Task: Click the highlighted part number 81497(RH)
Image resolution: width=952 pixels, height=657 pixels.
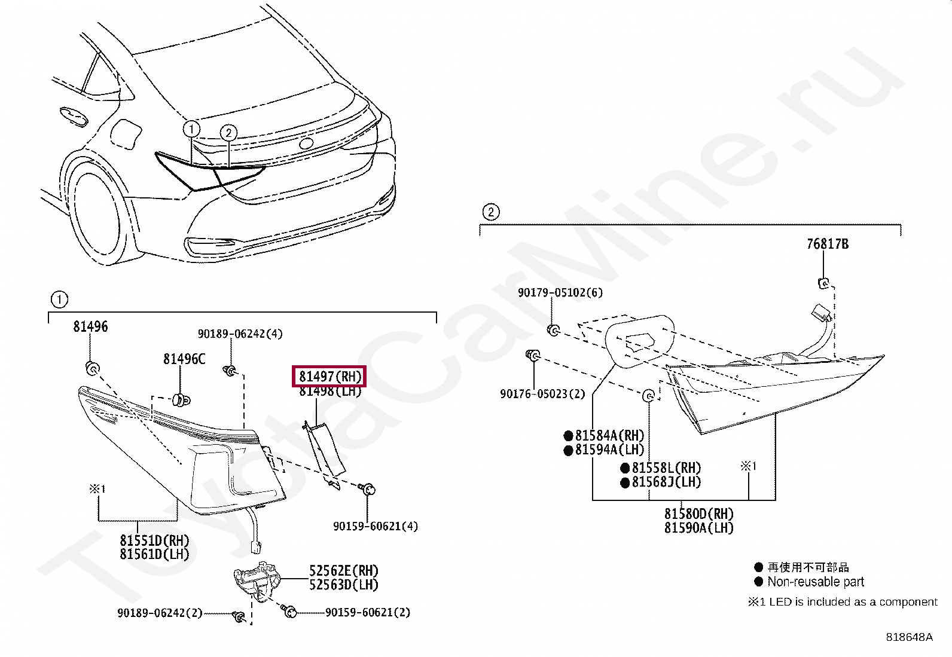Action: [329, 377]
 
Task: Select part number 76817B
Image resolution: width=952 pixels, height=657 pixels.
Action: [827, 244]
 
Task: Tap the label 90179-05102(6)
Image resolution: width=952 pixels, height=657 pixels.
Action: [560, 292]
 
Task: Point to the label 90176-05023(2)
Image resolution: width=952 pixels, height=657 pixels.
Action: [542, 394]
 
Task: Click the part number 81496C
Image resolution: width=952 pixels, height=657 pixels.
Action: [184, 359]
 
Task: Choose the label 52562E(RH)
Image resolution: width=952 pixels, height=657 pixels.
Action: [343, 571]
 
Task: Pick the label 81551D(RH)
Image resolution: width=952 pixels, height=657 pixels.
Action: [154, 540]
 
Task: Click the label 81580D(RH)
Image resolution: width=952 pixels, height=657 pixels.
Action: [698, 514]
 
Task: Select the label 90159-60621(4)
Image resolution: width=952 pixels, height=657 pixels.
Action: [375, 526]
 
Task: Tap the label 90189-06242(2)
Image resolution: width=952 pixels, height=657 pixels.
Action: [160, 613]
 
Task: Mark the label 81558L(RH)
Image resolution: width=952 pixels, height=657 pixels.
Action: [666, 468]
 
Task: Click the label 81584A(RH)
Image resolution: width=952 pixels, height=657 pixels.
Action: [609, 436]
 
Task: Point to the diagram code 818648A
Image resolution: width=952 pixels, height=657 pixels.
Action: [908, 637]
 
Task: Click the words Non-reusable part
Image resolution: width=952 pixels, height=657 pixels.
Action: [816, 582]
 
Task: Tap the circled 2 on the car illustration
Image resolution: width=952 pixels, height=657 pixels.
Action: [228, 133]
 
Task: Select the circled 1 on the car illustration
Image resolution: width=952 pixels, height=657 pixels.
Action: [191, 129]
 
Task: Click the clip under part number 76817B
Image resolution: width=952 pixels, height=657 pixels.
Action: [823, 283]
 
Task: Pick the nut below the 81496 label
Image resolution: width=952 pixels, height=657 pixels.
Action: [92, 368]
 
